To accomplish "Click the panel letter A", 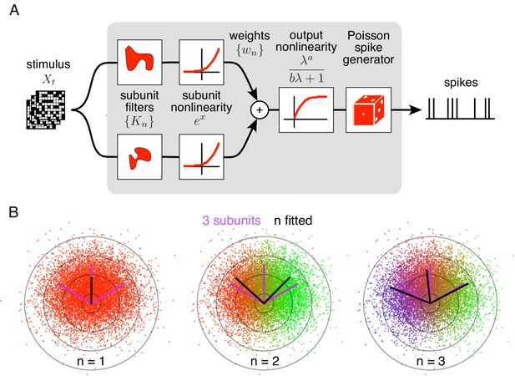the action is [14, 11].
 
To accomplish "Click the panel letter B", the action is [14, 212].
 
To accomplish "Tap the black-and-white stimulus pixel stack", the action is [46, 109].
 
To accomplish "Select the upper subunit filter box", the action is [139, 62].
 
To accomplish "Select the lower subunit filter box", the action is [139, 156].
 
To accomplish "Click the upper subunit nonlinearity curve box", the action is [201, 62].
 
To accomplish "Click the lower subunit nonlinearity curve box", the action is [201, 156].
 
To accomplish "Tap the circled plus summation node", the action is [260, 109].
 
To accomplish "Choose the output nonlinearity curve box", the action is [306, 109].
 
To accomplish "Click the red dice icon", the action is [368, 109].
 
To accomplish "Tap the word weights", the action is [250, 35].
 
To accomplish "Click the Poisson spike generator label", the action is [368, 48].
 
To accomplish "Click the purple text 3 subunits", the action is [231, 221].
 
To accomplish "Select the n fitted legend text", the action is [293, 221].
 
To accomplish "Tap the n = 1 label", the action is [91, 362].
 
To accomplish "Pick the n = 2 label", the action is [265, 362].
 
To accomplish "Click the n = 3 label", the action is [431, 362].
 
